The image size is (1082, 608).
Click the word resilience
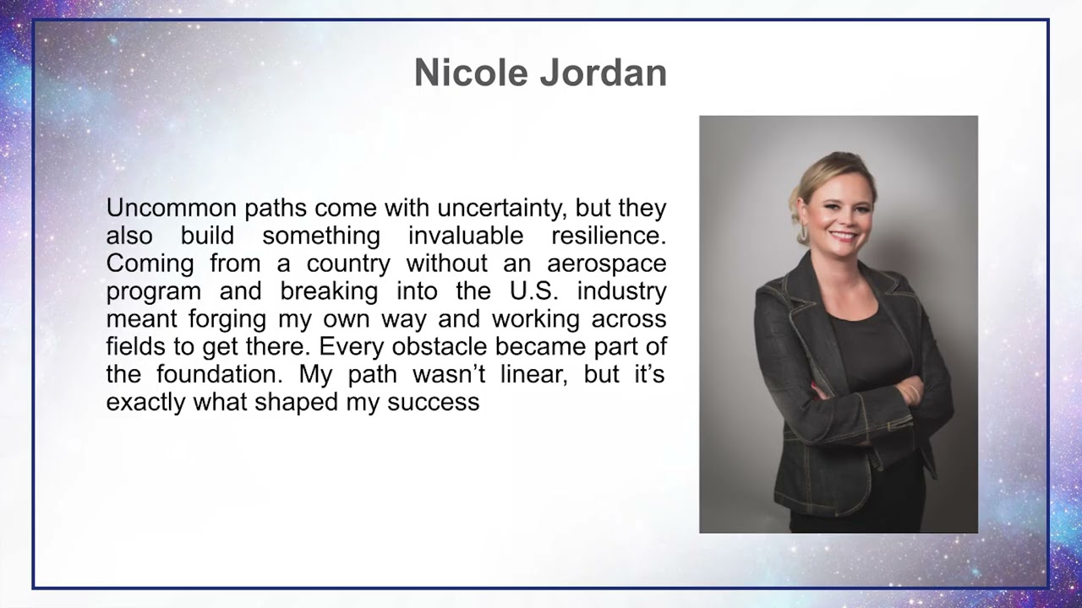pos(609,236)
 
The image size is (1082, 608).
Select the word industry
pos(626,291)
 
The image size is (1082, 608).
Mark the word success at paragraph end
pos(433,403)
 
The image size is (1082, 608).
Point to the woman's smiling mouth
pos(843,235)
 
